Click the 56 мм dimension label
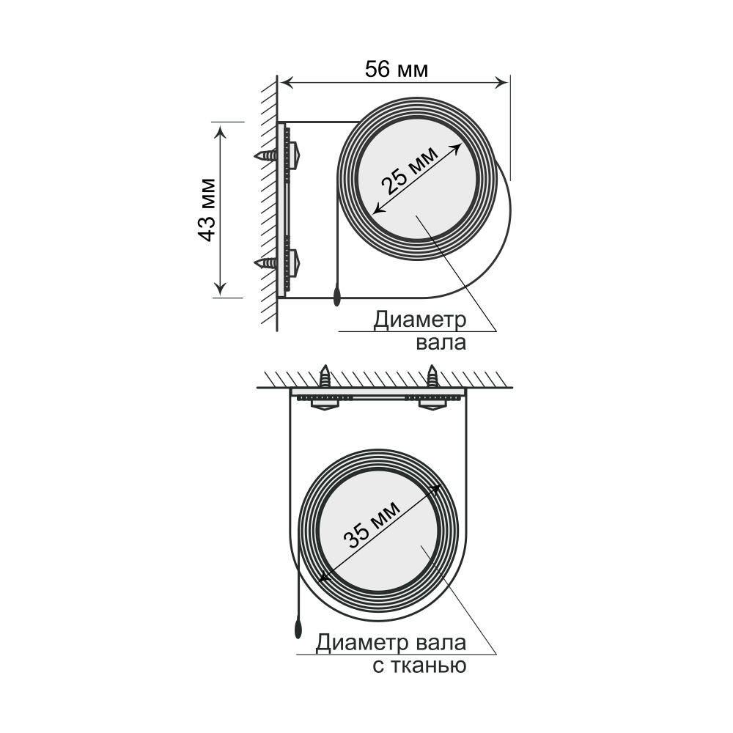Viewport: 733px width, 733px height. (x=396, y=69)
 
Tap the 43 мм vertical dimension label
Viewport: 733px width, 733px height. (x=207, y=210)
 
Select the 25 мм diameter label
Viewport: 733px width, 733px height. (x=410, y=171)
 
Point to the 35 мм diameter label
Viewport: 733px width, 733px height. (x=372, y=525)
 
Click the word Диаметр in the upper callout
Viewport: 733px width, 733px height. (x=420, y=320)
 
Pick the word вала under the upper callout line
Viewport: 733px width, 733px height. (x=441, y=342)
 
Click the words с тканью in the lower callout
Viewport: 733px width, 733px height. (x=419, y=666)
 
